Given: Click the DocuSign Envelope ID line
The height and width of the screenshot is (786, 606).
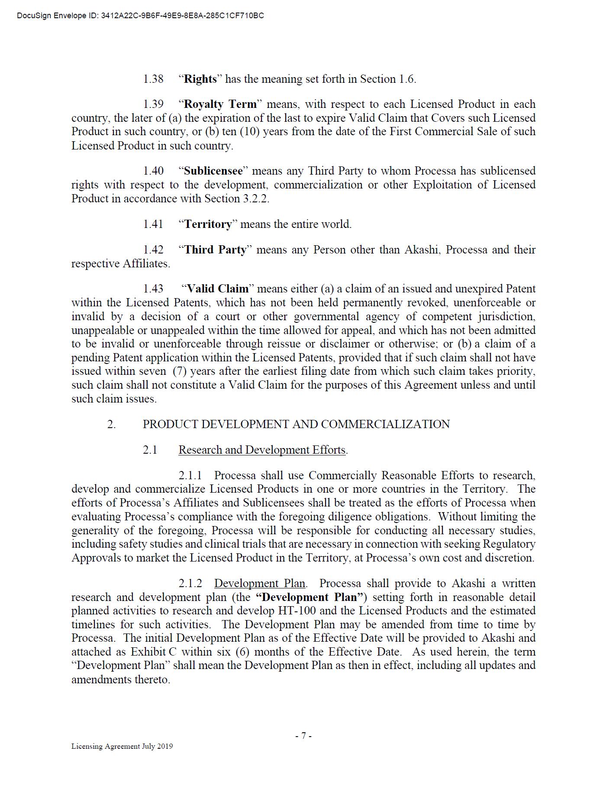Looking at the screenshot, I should tap(140, 16).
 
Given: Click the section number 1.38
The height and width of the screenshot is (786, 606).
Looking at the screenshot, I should tap(153, 79).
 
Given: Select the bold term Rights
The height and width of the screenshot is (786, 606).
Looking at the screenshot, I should tap(200, 79).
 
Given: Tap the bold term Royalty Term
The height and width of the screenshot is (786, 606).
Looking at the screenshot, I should tap(220, 104).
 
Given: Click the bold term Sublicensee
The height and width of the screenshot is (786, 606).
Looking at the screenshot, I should tap(213, 171).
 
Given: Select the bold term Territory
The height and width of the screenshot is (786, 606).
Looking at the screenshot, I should tap(208, 224).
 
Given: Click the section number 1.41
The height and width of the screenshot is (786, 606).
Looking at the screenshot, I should tap(153, 224).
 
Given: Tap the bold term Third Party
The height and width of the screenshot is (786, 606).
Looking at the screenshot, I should tap(215, 250).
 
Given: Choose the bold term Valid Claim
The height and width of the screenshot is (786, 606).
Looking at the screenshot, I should tap(218, 289).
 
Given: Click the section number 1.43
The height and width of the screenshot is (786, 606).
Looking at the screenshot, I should tap(153, 289).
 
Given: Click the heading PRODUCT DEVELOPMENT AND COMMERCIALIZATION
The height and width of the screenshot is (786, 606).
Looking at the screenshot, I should tap(296, 424).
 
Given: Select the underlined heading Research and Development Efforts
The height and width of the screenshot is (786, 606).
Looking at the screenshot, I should tap(262, 450).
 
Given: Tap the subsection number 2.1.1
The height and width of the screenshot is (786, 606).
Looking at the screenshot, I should tap(190, 476).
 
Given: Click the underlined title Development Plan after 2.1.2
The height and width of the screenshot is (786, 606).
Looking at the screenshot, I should tap(260, 584).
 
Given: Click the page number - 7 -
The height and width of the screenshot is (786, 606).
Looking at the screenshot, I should tap(303, 736).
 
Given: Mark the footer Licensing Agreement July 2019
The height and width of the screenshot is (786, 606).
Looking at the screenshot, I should tap(122, 746).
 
